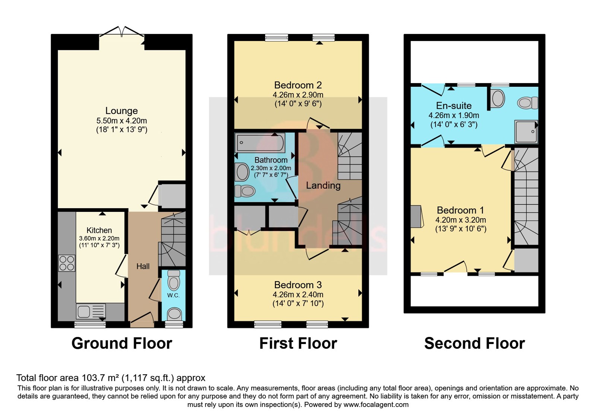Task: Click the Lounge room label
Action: click(x=121, y=111)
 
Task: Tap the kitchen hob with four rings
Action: click(x=67, y=263)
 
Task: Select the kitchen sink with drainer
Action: click(x=91, y=311)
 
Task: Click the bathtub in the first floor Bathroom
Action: click(x=260, y=143)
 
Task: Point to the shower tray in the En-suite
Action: click(x=526, y=132)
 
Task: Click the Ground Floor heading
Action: click(x=122, y=343)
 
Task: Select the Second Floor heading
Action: click(x=475, y=343)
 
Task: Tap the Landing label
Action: click(x=323, y=185)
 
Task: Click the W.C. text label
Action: click(x=174, y=296)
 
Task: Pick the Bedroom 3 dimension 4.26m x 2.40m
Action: click(x=298, y=295)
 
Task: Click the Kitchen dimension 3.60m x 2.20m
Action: click(x=99, y=239)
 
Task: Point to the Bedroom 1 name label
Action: click(x=460, y=210)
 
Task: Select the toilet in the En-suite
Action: click(x=527, y=103)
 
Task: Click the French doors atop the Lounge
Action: click(x=122, y=31)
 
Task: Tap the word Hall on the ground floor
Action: click(x=143, y=266)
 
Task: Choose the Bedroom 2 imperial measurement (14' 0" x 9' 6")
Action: click(x=298, y=104)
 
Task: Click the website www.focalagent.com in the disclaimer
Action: click(x=376, y=405)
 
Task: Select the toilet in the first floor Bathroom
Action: click(x=245, y=191)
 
